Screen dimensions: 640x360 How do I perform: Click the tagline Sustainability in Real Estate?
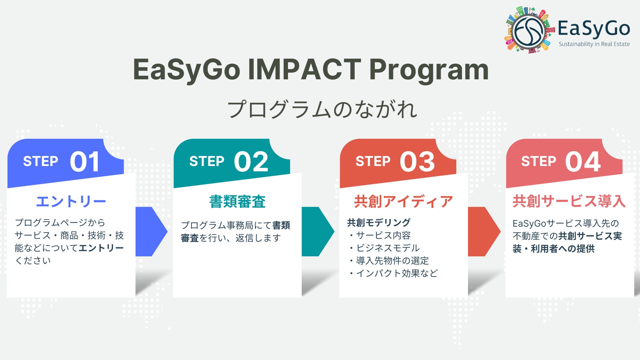click(594, 44)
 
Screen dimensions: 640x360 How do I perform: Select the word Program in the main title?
click(429, 71)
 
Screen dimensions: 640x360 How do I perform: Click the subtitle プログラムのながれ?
click(322, 110)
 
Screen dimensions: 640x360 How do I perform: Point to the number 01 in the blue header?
click(85, 162)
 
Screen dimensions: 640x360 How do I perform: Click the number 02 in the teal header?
click(251, 162)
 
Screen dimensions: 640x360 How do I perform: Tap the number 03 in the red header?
click(417, 162)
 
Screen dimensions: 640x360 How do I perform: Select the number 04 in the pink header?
click(583, 162)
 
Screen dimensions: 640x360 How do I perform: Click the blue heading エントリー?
click(71, 201)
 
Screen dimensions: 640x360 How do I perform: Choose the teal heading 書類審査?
click(237, 202)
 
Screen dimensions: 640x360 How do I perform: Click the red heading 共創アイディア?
click(403, 202)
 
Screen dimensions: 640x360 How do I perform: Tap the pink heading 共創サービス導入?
click(569, 201)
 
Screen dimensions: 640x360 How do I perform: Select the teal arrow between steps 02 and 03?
click(318, 232)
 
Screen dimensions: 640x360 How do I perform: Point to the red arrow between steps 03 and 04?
click(484, 232)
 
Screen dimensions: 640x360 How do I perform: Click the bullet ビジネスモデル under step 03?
click(388, 248)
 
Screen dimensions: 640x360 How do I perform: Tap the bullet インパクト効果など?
click(397, 273)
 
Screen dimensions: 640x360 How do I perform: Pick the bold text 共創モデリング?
click(379, 222)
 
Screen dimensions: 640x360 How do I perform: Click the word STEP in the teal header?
click(207, 161)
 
